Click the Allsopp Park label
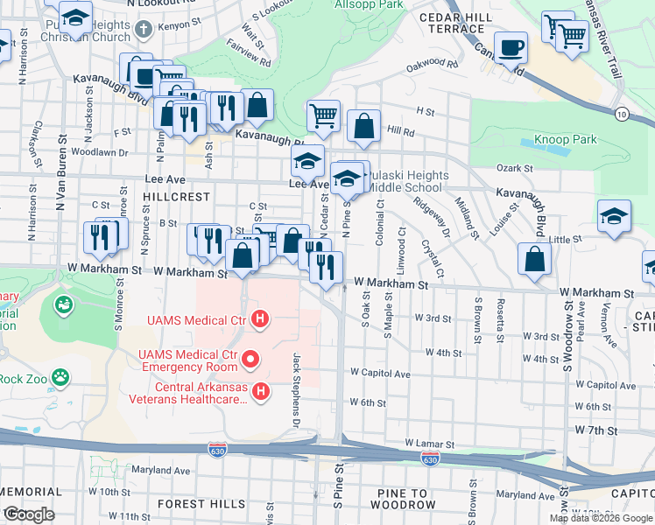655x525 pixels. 369,4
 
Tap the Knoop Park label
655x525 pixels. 566,139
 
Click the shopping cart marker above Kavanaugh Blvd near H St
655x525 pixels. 324,115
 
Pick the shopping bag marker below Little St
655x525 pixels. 533,258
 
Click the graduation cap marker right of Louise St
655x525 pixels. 614,216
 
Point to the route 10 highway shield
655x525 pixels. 621,114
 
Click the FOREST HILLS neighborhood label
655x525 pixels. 201,504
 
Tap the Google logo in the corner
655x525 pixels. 28,514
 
